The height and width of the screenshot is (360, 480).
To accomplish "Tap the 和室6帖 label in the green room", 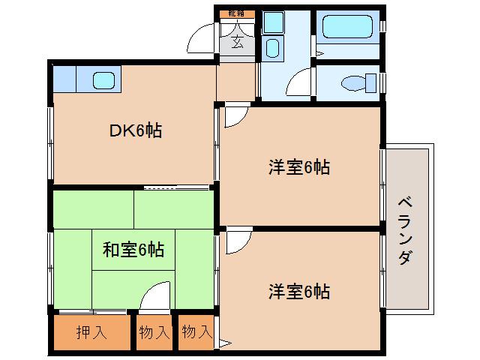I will [x=133, y=248].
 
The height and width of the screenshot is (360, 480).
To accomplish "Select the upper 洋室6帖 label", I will [x=299, y=167].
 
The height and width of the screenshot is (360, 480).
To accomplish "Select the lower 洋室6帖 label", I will [x=299, y=290].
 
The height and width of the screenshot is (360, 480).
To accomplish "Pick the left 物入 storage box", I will [x=154, y=332].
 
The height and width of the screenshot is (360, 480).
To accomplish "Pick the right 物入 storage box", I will [x=197, y=332].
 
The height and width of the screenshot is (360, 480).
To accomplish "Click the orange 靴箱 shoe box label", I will [x=237, y=14].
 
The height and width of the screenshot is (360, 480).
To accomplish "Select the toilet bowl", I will [x=352, y=82].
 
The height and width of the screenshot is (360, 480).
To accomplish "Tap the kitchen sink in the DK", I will [x=103, y=78].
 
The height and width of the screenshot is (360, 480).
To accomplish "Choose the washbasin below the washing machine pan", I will [x=272, y=50].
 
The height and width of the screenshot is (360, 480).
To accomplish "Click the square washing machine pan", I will [x=272, y=23].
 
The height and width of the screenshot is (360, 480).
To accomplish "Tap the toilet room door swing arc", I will [x=300, y=81].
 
